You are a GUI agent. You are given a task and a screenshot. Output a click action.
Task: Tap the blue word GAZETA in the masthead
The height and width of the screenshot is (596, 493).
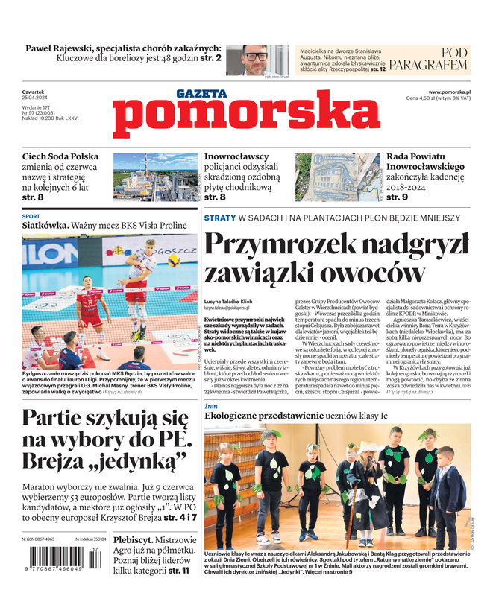pos(202,95)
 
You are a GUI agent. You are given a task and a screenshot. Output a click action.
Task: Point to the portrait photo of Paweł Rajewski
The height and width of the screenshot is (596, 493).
pos(256,60)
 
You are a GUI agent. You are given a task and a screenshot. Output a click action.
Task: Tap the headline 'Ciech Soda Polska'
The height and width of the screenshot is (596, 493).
pos(60,157)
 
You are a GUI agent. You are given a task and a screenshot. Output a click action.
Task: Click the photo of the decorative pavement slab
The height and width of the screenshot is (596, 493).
pos(336,177)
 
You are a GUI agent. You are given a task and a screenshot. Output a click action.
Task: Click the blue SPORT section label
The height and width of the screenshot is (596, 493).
pos(31,217)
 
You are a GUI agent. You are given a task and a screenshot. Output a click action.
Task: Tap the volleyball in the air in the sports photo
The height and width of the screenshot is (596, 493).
pos(173,262)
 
